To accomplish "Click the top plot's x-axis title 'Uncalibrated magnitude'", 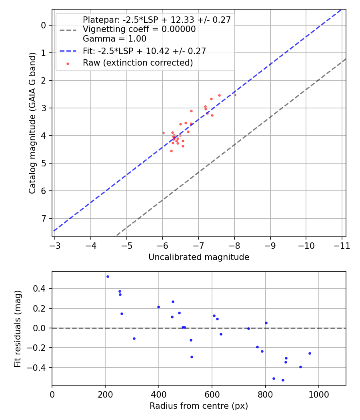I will coord(199,257).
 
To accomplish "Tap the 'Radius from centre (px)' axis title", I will coord(199,406).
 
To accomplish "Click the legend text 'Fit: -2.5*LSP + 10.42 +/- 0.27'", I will coord(144,51).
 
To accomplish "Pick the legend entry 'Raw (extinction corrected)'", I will coord(138,63).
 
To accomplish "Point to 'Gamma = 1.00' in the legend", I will coord(114,39).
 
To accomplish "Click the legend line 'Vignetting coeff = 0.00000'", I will coord(139,29).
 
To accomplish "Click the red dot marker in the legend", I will coord(68,63).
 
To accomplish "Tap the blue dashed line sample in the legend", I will coord(68,51).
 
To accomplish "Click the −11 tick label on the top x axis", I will coord(342,246).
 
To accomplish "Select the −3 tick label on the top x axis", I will coord(55,246).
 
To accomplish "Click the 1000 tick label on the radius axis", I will coord(318,394).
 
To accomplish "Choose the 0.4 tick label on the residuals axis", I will coord(42,289).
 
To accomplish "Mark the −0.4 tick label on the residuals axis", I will coord(40,368).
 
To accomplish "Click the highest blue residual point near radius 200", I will coord(108,276).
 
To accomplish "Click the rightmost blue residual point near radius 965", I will coord(310,353).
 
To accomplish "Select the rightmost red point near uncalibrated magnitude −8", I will coord(235,95).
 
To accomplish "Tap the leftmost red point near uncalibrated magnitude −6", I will coord(163,133).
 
